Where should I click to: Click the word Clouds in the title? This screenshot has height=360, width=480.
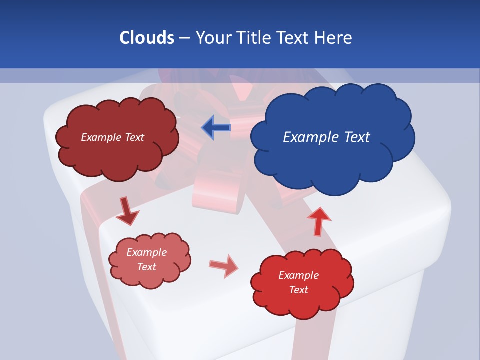click(146, 38)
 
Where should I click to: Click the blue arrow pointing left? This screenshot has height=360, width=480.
click(216, 127)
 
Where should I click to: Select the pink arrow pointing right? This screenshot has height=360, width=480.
click(224, 265)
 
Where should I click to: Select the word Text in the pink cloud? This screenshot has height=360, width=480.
click(147, 267)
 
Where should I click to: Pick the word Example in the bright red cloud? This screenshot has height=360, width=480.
click(298, 275)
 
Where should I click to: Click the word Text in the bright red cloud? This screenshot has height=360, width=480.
click(299, 290)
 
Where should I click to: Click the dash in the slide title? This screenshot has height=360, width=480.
click(184, 38)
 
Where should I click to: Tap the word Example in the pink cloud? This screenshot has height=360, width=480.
click(147, 252)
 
